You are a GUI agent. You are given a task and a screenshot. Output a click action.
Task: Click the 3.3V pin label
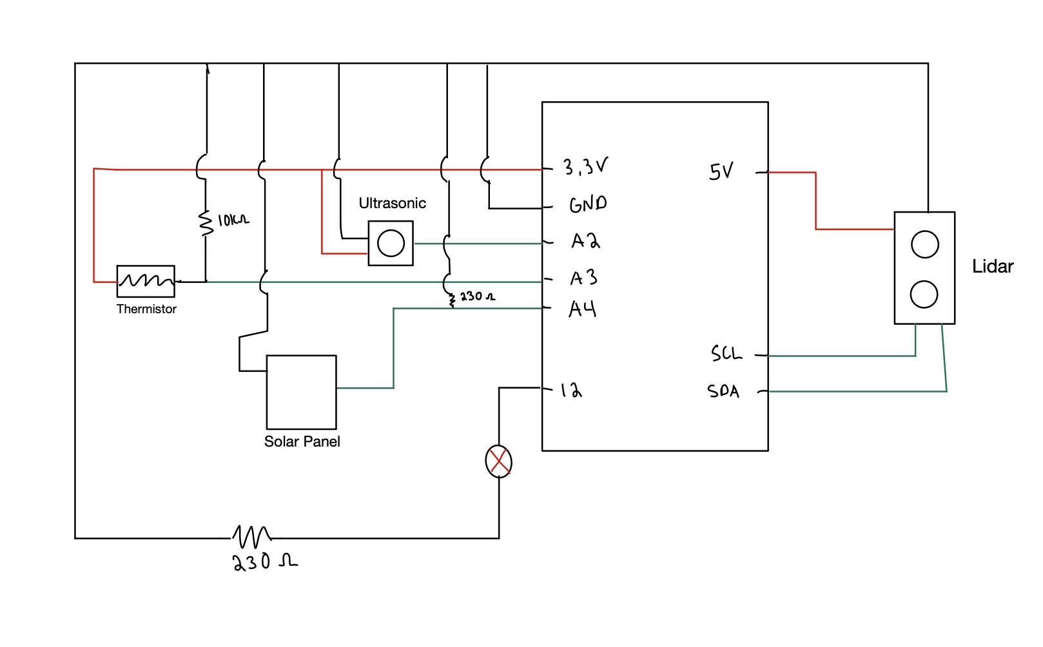585,168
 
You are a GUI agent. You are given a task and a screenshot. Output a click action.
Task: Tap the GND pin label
587,204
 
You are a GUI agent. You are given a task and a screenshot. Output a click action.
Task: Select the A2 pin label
585,241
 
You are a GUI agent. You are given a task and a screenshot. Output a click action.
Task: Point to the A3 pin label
583,278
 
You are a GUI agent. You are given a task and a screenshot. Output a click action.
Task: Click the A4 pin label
582,309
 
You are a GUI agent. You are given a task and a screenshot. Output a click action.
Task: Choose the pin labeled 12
570,390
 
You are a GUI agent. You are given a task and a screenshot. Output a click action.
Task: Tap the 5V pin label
721,171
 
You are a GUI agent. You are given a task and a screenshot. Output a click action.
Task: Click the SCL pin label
726,353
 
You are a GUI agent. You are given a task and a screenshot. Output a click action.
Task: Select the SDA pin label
723,391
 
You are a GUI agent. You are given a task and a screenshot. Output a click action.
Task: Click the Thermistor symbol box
146,281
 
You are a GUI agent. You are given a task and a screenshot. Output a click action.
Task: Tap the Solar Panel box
301,392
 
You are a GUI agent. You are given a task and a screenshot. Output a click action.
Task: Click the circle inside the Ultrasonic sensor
391,244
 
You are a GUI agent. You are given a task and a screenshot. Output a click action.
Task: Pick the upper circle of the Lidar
924,244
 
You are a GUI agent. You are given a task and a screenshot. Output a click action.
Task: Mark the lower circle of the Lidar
924,295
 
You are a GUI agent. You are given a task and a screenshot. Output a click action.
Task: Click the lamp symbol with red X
498,461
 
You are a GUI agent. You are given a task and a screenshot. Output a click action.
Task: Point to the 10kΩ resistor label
233,220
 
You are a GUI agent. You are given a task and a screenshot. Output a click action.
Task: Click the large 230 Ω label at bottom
264,562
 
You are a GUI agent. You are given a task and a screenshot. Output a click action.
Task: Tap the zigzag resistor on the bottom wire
252,536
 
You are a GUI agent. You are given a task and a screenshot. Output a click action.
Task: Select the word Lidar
992,266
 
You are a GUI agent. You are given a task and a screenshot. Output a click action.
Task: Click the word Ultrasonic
392,203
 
